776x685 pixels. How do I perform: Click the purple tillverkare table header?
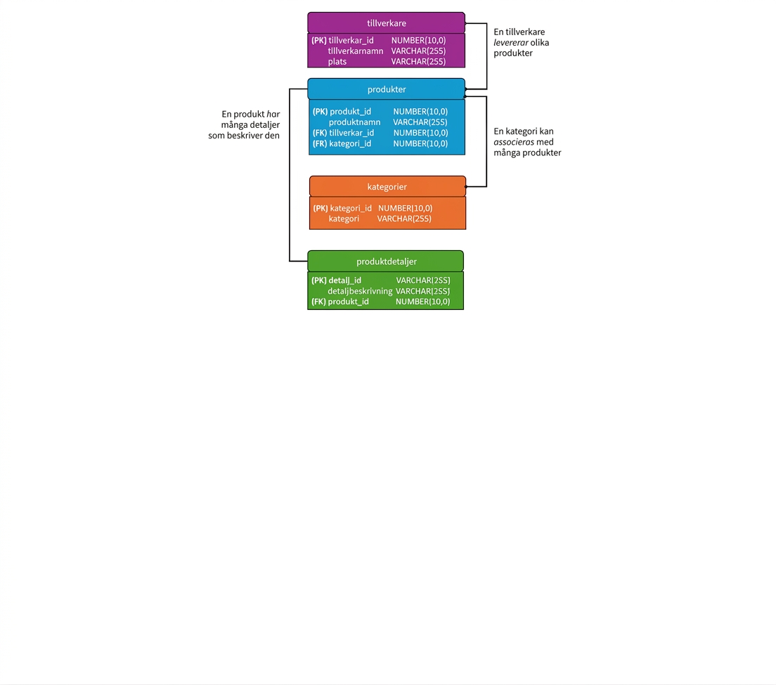point(386,22)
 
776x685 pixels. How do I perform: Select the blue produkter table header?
point(386,89)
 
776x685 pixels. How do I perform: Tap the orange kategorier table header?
point(387,186)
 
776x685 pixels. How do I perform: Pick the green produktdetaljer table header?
point(385,261)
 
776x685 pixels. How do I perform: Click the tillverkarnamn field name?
point(356,51)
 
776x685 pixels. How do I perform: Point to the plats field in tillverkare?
point(337,62)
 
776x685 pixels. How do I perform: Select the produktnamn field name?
point(355,122)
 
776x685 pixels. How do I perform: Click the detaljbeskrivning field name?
point(360,292)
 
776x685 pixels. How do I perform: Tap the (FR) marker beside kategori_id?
point(320,143)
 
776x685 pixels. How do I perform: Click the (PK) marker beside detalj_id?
point(318,280)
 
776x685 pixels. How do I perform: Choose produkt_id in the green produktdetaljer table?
point(349,301)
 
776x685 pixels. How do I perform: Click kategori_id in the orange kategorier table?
point(351,208)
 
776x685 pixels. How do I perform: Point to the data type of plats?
point(418,62)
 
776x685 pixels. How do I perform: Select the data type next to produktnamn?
point(420,122)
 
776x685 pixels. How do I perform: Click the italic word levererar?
point(511,43)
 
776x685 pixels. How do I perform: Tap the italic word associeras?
point(514,142)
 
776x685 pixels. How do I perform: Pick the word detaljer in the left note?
point(264,125)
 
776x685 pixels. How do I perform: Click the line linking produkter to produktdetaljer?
point(290,175)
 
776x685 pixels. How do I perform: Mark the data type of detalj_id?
point(423,280)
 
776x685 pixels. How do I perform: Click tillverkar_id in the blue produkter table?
point(351,133)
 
